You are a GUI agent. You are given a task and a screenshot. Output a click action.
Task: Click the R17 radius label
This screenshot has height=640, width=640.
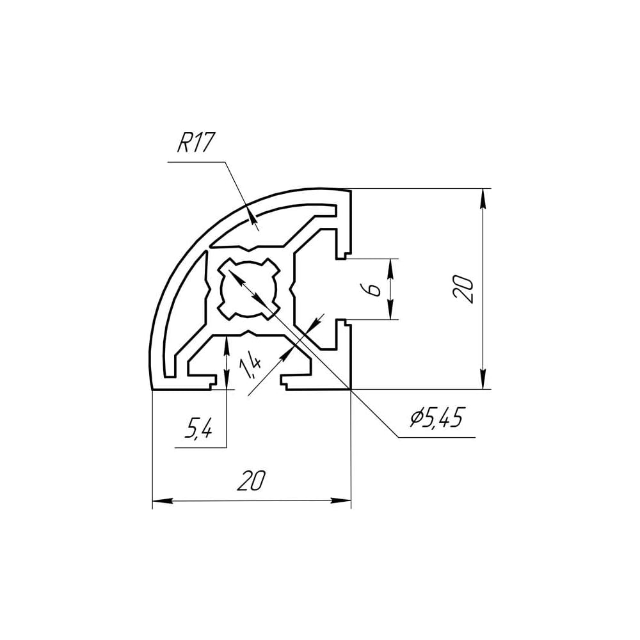tap(195, 143)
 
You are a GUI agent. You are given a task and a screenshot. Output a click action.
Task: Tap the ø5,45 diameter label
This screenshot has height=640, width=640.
tap(437, 417)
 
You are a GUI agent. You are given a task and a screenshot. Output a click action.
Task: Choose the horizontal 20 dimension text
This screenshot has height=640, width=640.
tap(251, 480)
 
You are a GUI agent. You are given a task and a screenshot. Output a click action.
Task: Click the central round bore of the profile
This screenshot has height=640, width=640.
tap(248, 288)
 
